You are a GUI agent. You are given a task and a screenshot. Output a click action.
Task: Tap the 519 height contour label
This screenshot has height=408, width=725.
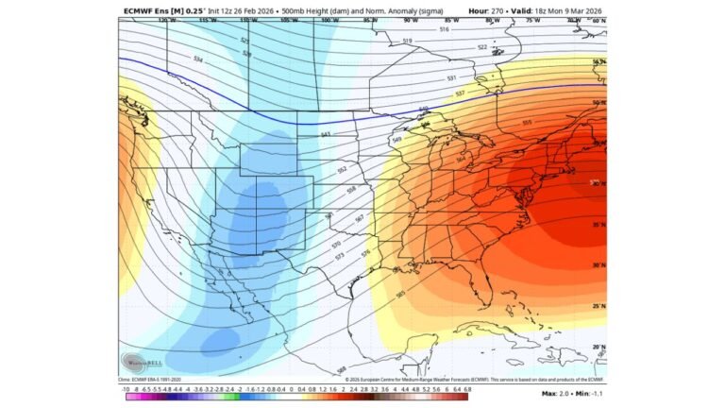[x=407, y=41]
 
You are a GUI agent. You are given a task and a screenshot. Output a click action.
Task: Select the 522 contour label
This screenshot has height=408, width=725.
[x=481, y=46]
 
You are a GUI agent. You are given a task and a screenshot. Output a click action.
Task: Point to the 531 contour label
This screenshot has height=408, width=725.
[x=451, y=77]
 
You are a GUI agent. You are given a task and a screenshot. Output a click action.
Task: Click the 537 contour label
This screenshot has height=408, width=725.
[x=460, y=93]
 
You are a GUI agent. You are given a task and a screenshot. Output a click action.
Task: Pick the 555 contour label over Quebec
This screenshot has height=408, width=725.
[x=526, y=122]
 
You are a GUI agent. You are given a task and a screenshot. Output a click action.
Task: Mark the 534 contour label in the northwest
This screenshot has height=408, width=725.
[x=198, y=59]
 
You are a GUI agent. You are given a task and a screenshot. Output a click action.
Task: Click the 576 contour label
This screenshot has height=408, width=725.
[x=365, y=253]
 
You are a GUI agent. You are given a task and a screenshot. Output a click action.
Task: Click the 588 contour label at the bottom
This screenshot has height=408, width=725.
[x=341, y=368]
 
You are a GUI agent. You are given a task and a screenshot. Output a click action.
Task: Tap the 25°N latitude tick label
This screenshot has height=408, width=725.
[x=598, y=306]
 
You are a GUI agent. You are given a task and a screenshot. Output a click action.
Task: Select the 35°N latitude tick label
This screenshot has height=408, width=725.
[x=598, y=225]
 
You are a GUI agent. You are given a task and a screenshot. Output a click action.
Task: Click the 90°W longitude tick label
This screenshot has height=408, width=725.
[x=409, y=20]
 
